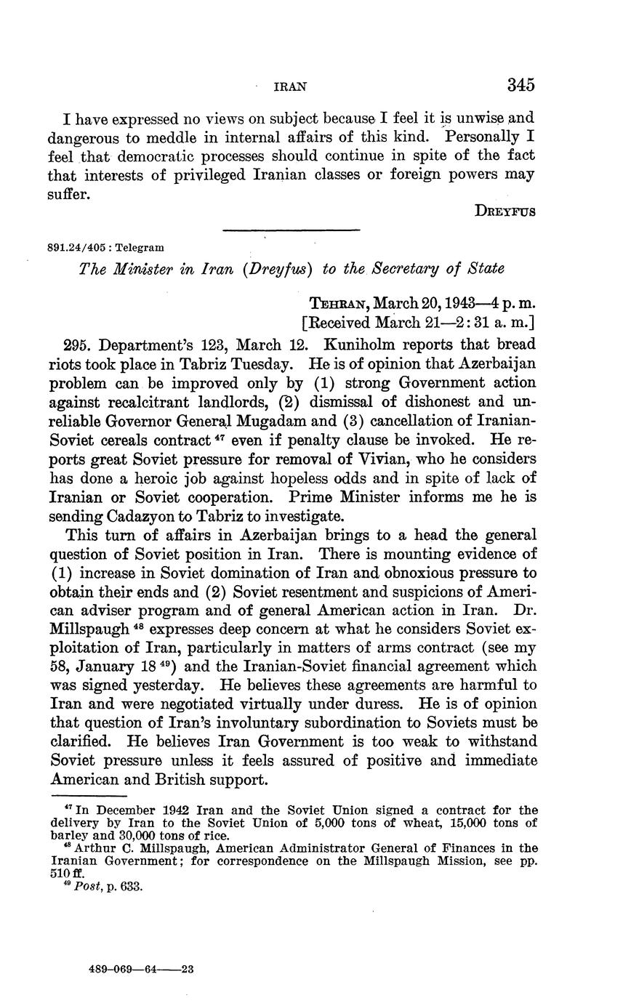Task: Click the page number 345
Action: click(520, 85)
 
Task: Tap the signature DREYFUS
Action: click(505, 212)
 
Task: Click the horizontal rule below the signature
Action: click(291, 231)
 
